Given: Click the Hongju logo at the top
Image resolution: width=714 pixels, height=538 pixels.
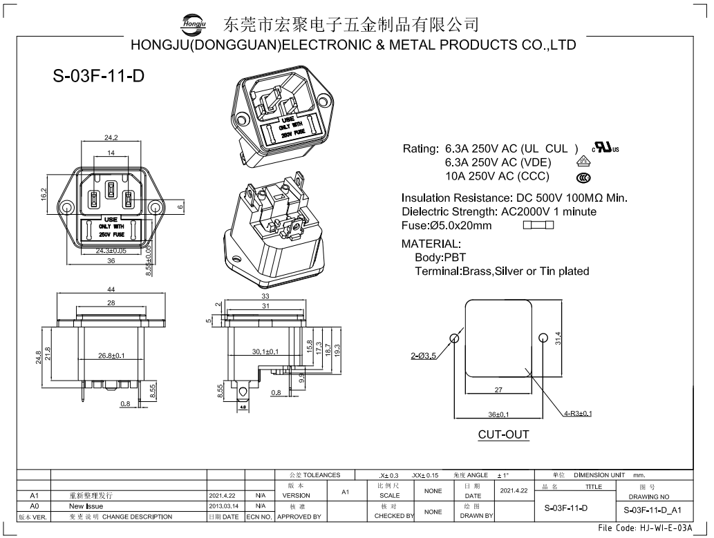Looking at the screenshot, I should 194,24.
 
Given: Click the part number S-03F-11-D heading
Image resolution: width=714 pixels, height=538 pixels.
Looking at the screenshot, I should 98,77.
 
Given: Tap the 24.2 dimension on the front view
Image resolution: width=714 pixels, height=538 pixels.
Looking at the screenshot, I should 111,137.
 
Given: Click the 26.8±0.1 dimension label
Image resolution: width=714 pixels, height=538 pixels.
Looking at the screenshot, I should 111,356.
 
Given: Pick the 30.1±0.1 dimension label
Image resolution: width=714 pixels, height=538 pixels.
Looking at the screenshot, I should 265,352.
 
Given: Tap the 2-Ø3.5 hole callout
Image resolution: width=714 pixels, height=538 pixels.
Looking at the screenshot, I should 423,356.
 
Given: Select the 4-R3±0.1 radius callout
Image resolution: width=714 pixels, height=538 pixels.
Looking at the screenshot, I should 578,414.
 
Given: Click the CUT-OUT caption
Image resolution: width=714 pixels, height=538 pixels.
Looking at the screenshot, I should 503,434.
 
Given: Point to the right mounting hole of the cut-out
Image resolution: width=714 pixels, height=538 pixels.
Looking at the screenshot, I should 543,338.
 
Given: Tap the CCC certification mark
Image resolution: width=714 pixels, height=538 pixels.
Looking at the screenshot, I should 584,176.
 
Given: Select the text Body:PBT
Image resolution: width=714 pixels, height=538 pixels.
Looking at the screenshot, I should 440,258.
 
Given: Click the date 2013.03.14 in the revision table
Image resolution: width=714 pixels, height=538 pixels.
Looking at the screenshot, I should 223,506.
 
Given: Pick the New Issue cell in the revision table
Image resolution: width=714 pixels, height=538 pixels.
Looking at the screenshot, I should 86,506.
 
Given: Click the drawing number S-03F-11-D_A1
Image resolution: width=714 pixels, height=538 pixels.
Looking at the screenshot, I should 652,510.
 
